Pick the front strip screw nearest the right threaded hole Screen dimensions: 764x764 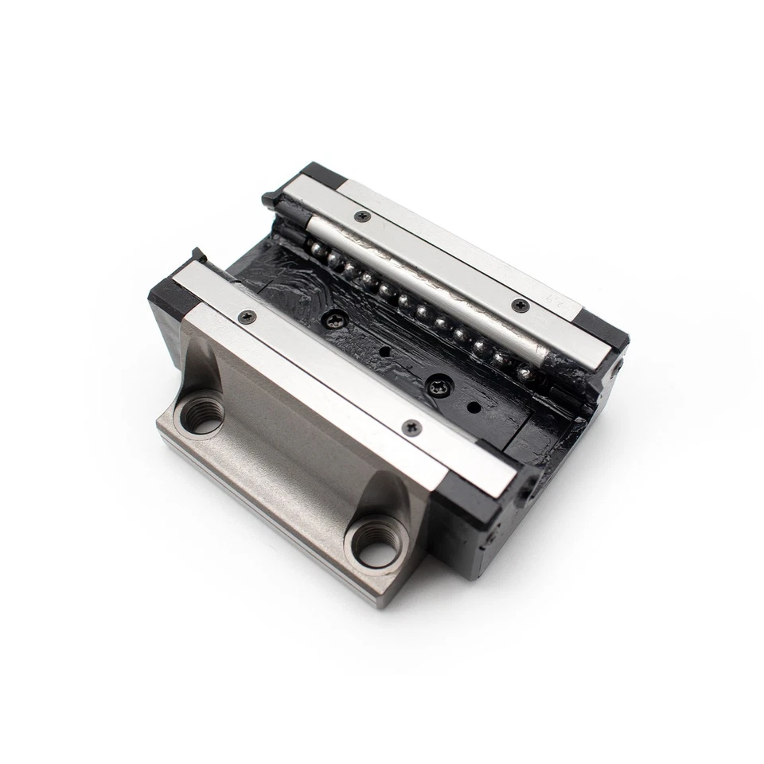click(412, 427)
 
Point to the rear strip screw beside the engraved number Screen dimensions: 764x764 click(521, 302)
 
